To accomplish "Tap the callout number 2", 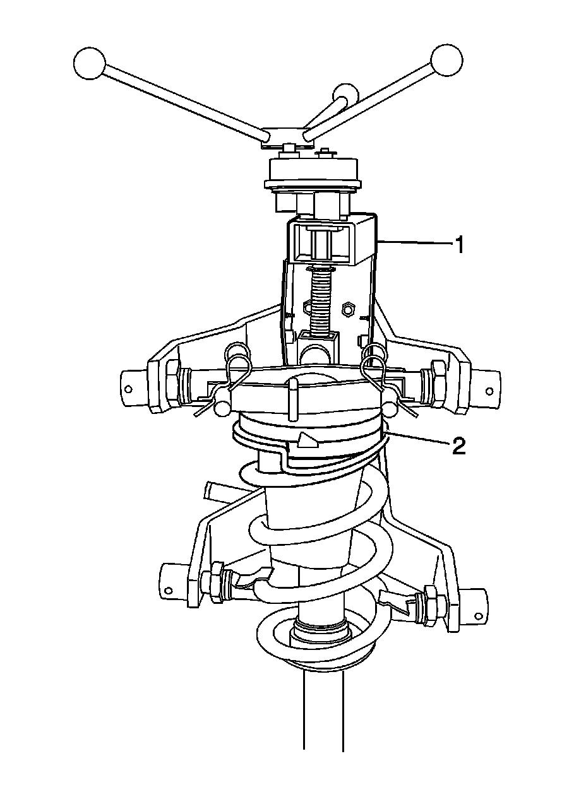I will [458, 447].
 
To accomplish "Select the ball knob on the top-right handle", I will [446, 61].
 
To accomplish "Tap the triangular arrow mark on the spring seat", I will [308, 440].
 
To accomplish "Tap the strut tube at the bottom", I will [323, 713].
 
